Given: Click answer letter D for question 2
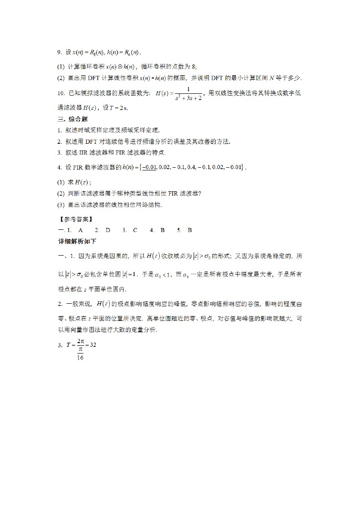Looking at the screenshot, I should coord(108,230).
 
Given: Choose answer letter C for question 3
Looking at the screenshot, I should coord(135,230).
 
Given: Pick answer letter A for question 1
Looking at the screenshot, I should coord(80,230).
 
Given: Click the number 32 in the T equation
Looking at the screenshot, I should coord(93,344).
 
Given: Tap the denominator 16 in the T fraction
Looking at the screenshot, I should coord(80,357).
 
